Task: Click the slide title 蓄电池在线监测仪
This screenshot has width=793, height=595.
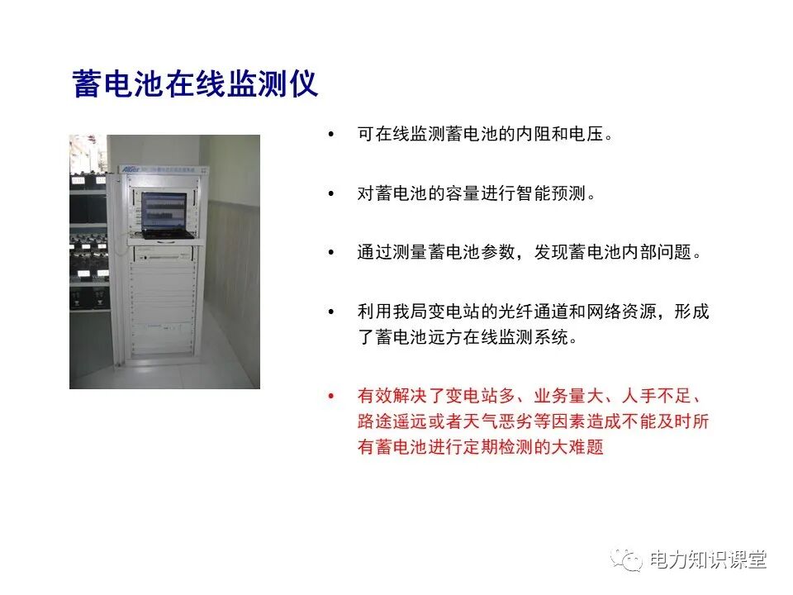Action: (196, 85)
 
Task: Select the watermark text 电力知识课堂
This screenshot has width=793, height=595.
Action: (708, 560)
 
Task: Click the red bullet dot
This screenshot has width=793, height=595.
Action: (332, 397)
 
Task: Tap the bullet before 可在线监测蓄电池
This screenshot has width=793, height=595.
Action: (332, 134)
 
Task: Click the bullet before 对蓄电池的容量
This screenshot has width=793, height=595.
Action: (332, 194)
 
